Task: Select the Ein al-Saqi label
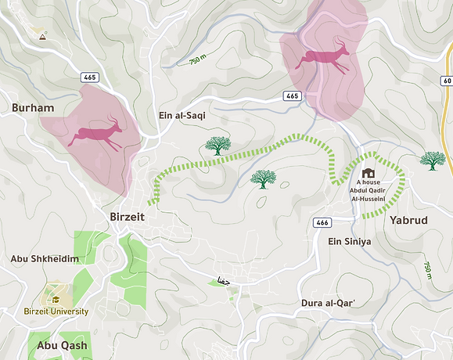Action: point(182,115)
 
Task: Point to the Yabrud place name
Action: point(408,221)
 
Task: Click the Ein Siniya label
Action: point(349,242)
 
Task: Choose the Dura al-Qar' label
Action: point(329,302)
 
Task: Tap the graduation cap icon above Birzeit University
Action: point(56,298)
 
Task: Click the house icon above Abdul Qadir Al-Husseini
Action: point(368,173)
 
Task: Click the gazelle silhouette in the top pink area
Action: point(326,58)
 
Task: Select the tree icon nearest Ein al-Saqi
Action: point(218,145)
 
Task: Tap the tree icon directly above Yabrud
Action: point(432,160)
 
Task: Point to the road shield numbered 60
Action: point(447,81)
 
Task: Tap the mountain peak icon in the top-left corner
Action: point(41,35)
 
